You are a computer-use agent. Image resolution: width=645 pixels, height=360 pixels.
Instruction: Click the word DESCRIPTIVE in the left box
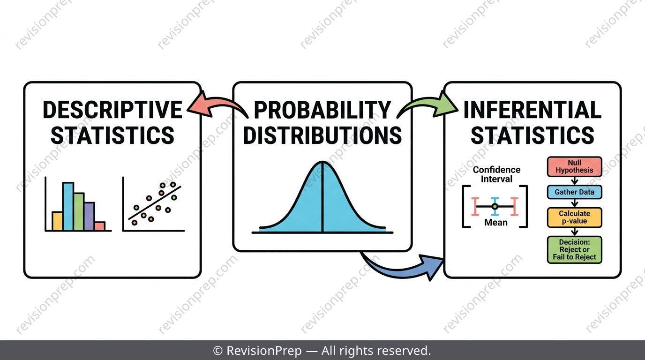click(112, 110)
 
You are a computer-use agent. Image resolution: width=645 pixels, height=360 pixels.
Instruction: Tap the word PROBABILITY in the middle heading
click(322, 110)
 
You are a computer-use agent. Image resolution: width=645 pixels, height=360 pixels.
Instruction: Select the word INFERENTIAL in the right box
click(532, 110)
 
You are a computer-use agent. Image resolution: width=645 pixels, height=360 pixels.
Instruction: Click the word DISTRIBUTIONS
click(322, 135)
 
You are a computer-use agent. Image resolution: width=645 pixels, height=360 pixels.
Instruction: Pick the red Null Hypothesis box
click(575, 166)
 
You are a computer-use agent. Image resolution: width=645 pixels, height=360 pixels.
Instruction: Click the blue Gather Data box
click(575, 192)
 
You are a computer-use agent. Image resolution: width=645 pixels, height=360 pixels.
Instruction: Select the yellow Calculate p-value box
click(575, 217)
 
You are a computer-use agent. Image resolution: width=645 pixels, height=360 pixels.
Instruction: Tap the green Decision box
click(575, 250)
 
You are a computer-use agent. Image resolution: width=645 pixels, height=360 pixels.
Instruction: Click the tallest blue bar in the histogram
click(68, 206)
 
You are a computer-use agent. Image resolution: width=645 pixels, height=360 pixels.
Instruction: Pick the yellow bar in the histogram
click(57, 221)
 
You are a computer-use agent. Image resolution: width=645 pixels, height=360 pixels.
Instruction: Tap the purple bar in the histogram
click(89, 216)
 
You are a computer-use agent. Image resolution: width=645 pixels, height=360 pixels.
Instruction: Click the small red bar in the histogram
click(100, 226)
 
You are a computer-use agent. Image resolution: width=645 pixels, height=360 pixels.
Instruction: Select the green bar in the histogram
click(79, 212)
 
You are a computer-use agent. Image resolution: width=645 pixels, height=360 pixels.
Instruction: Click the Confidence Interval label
click(496, 174)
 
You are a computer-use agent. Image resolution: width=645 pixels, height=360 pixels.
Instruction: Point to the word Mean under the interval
click(495, 222)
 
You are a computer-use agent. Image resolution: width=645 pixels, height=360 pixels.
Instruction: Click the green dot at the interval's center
click(495, 206)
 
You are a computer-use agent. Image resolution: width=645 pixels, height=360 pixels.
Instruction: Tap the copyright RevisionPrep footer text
click(322, 351)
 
